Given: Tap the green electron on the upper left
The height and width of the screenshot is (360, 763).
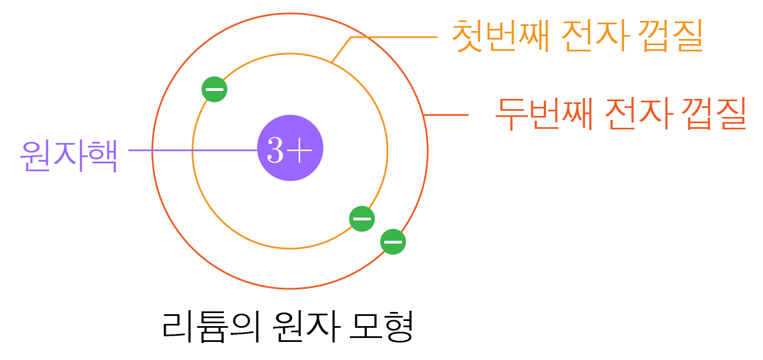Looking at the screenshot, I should point(214,89).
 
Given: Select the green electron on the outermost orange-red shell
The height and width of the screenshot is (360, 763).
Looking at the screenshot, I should point(393,242).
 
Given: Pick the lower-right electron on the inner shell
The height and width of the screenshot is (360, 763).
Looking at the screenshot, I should point(362,219).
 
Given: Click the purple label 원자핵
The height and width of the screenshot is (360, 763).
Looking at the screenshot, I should point(69,155).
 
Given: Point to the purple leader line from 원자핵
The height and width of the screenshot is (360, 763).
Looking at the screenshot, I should point(192,150).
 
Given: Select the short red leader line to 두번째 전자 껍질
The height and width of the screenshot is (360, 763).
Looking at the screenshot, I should point(446,115).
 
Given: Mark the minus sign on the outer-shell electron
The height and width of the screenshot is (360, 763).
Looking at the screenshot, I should point(393,242).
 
